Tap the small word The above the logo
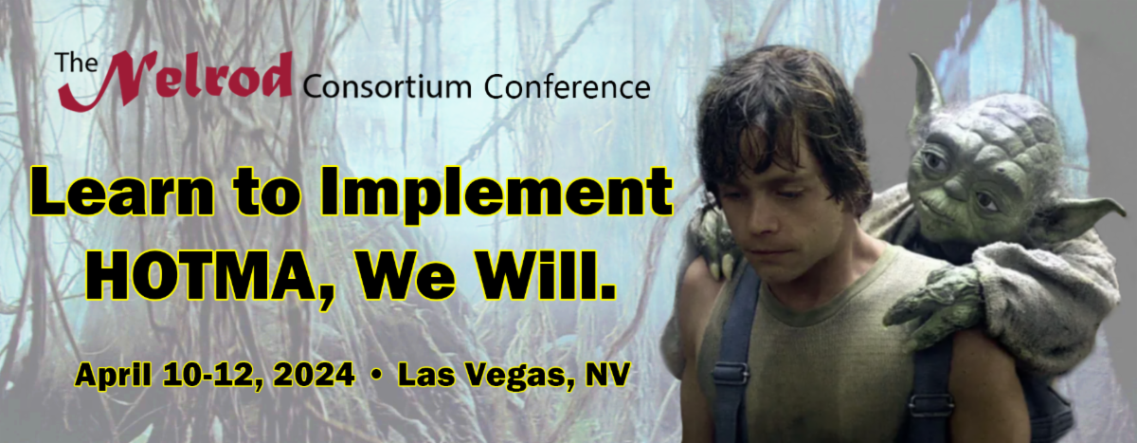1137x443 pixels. coord(72,64)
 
